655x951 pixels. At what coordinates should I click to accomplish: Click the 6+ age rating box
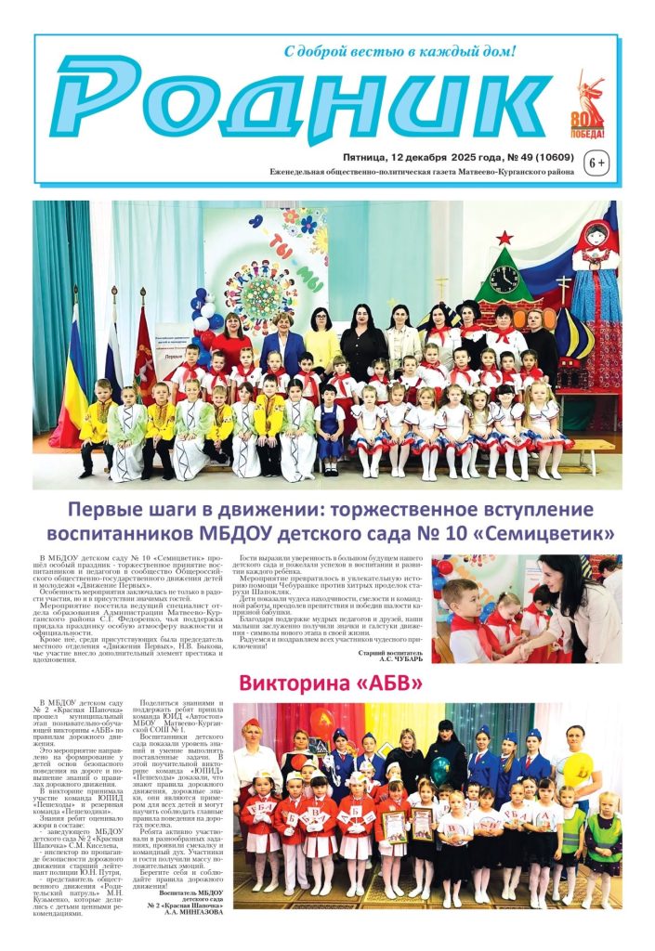[x=595, y=164]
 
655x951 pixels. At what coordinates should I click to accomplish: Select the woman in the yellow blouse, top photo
[x=321, y=340]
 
